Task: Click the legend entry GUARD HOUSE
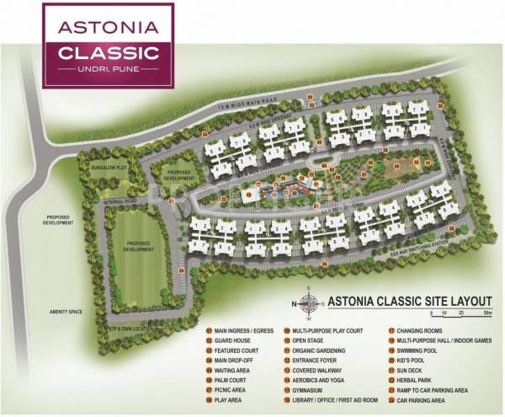click(232, 341)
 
